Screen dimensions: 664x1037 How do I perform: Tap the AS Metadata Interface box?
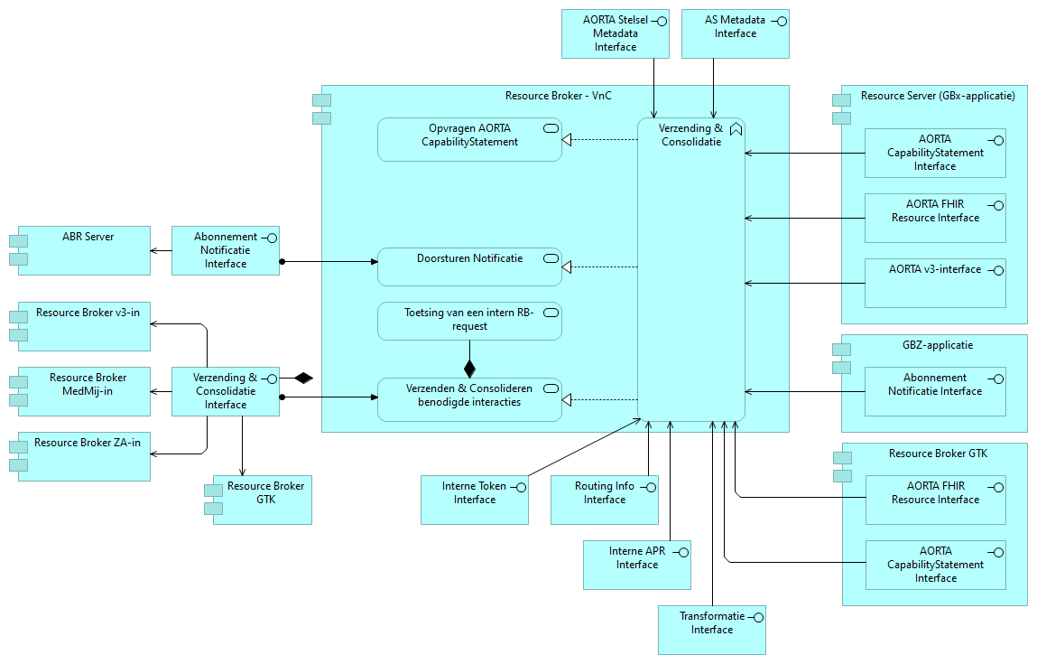tap(735, 33)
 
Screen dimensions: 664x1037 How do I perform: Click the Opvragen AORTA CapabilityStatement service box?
tap(469, 140)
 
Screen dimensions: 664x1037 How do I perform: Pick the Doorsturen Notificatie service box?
tap(469, 267)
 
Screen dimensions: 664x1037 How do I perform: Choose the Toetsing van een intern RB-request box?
tap(469, 321)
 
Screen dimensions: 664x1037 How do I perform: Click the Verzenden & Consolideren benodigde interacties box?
tap(469, 399)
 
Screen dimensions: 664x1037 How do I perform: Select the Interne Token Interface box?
tap(475, 500)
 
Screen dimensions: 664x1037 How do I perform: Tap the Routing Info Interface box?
tap(604, 500)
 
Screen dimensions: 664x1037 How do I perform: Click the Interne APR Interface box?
tap(636, 565)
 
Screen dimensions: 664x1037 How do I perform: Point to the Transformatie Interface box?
tap(711, 630)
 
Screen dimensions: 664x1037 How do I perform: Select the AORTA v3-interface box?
tap(934, 283)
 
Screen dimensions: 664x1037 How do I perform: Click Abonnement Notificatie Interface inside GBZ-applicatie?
tap(934, 391)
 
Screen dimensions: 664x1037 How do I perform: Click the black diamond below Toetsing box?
tap(469, 369)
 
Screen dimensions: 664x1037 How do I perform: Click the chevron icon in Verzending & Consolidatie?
tap(736, 129)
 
